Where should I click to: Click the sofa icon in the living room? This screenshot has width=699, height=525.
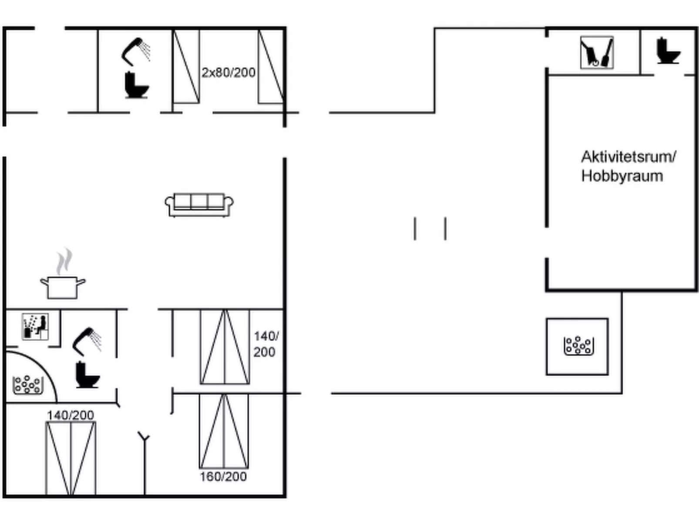point(199,205)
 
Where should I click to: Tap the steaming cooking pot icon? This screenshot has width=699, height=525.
point(63,274)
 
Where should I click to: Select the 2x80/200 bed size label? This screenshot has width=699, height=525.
point(229,73)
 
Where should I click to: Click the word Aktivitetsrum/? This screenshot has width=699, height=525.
point(628,156)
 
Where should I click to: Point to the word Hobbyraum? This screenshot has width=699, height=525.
point(622,176)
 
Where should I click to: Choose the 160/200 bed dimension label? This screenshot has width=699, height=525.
point(223,477)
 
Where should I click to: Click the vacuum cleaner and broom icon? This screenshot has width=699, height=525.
point(597,52)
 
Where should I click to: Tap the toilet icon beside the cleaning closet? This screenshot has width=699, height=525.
point(668,51)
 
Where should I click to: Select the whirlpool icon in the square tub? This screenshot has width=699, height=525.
point(578,345)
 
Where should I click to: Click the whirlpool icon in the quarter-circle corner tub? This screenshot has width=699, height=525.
point(28,385)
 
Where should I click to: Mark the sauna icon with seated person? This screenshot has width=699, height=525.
point(35,326)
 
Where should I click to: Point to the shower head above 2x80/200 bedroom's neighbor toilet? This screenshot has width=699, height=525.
point(135,51)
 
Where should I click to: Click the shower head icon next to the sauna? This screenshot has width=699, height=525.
point(87,342)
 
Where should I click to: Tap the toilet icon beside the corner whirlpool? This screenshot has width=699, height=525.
point(87,375)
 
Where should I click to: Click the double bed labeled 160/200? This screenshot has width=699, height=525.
point(224,431)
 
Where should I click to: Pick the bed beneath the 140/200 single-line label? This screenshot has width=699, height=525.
point(71,458)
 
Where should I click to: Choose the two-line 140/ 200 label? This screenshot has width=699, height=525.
point(266,344)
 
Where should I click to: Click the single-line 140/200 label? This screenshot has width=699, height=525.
point(71,415)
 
